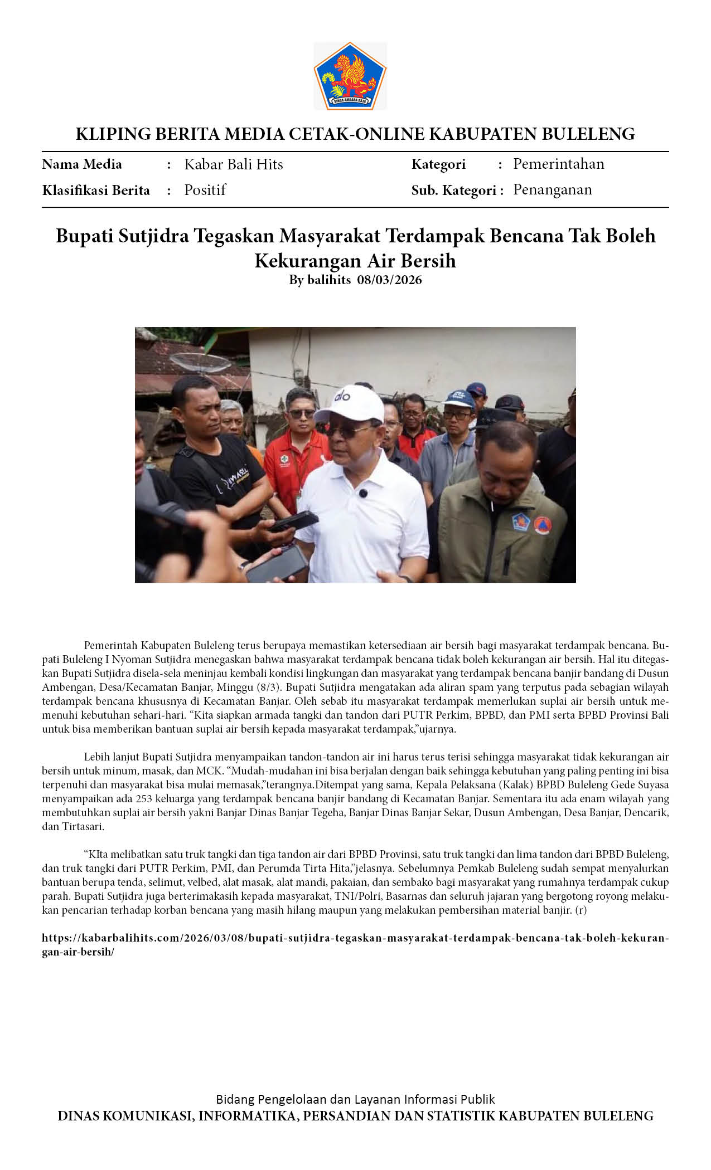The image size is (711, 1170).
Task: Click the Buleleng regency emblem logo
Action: [x=350, y=76]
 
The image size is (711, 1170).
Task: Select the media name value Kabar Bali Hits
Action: [x=233, y=164]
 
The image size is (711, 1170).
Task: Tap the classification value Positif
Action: [x=205, y=190]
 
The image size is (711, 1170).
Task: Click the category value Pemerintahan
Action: [x=558, y=164]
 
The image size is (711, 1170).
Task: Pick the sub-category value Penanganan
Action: [x=552, y=189]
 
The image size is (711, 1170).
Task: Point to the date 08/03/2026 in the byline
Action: [x=389, y=280]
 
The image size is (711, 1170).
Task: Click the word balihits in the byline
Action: [x=329, y=280]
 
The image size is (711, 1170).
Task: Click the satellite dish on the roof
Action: [x=200, y=363]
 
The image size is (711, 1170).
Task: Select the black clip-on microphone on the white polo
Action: [x=362, y=493]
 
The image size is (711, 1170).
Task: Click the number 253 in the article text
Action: [x=144, y=798]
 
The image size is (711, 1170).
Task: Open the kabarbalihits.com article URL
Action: [x=355, y=938]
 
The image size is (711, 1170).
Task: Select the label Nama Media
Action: [x=81, y=164]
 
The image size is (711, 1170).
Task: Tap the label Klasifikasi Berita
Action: [x=95, y=191]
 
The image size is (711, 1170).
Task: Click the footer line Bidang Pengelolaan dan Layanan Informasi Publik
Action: [x=355, y=1099]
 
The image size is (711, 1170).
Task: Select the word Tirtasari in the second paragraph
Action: [x=83, y=826]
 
